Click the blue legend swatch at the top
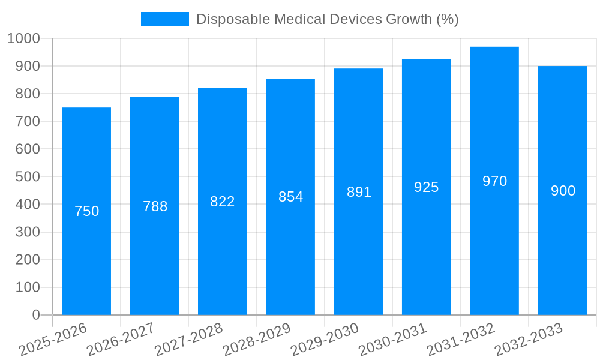click(x=164, y=19)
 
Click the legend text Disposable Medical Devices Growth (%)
click(x=327, y=19)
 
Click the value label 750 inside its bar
click(x=86, y=211)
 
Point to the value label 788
click(x=155, y=206)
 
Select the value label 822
click(x=223, y=202)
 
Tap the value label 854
click(x=290, y=197)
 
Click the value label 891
click(x=359, y=192)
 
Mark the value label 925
click(x=427, y=187)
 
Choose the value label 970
click(x=494, y=181)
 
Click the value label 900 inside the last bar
click(x=563, y=191)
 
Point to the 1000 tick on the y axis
click(x=23, y=38)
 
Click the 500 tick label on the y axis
click(x=28, y=177)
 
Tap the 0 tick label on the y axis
click(x=35, y=315)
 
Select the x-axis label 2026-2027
click(x=121, y=339)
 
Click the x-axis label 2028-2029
click(x=257, y=339)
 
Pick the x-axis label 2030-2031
click(x=393, y=339)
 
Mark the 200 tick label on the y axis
click(x=28, y=260)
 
